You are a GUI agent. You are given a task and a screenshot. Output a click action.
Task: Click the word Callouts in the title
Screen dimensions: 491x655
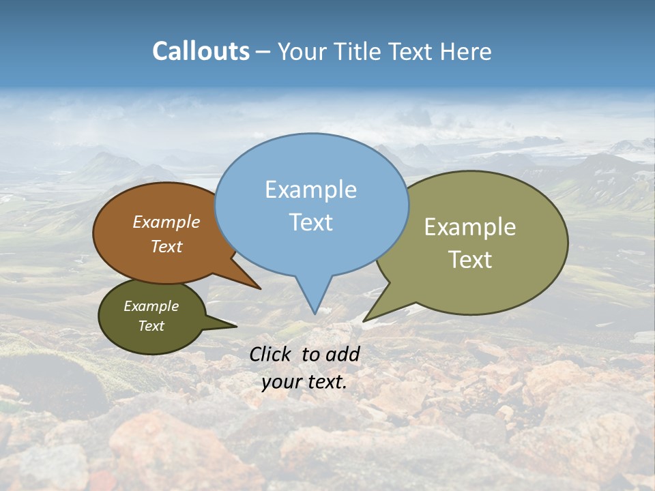201,51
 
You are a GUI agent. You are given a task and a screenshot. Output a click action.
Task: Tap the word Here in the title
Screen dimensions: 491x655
467,51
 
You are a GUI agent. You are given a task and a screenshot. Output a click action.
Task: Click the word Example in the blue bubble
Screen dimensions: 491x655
310,189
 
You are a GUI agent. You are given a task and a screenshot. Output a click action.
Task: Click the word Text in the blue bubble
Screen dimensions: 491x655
310,222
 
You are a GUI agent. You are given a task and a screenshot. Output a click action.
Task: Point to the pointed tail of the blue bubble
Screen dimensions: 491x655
315,310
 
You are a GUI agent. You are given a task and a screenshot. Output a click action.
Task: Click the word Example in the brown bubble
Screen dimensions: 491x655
166,222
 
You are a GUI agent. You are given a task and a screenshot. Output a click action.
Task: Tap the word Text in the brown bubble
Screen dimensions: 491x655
166,246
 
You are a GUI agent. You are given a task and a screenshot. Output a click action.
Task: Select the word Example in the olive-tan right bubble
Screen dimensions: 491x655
469,226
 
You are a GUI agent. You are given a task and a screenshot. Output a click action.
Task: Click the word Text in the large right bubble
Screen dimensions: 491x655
469,259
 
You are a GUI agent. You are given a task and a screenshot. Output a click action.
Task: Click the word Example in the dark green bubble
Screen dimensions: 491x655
151,306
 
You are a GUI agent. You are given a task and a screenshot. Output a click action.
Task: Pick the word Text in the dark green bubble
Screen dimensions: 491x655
151,326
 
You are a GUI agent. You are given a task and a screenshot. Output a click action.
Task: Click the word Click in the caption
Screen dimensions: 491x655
272,354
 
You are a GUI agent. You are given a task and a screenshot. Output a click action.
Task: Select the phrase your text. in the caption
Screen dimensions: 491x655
304,382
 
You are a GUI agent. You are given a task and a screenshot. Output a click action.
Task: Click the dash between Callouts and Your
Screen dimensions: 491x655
263,52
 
